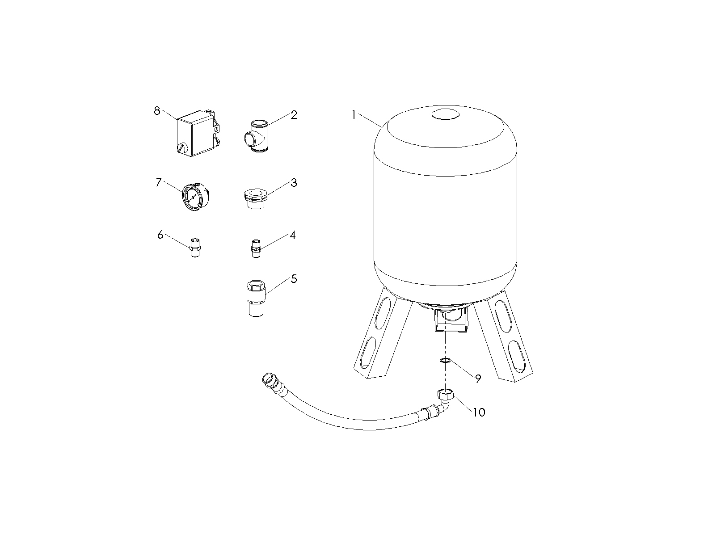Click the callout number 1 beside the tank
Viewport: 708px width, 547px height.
tap(354, 115)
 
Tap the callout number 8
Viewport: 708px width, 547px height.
tap(157, 111)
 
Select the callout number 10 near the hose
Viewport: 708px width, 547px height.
tap(479, 412)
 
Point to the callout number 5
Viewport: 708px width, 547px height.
tap(294, 279)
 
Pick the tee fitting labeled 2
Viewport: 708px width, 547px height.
tap(257, 137)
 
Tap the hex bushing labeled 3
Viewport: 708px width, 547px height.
tap(256, 198)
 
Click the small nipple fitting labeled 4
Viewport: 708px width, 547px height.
tap(256, 249)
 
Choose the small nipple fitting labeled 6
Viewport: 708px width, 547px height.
tap(195, 248)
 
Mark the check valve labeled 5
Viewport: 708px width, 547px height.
tap(256, 299)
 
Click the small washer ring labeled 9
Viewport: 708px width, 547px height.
tap(445, 360)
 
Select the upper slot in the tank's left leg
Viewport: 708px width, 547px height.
tap(383, 314)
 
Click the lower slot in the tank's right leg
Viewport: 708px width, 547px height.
tap(517, 357)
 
